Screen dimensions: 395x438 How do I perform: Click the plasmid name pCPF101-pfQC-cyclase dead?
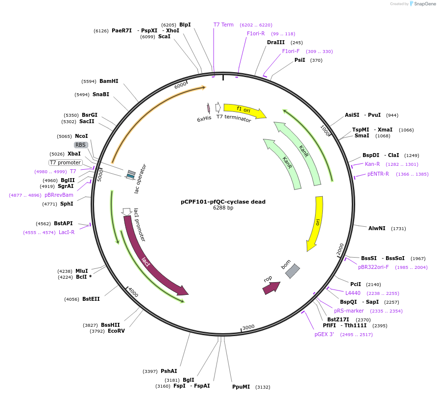coord(223,202)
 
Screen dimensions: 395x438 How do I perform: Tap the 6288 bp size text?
coord(223,208)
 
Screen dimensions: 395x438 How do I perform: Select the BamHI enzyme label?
coord(109,81)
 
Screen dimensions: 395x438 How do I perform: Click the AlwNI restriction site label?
coord(377,228)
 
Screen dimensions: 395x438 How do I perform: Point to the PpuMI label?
coord(241,387)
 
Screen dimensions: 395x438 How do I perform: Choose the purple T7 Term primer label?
coord(223,25)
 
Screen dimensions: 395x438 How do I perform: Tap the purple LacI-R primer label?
coord(67,232)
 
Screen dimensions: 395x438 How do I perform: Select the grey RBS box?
coord(81,145)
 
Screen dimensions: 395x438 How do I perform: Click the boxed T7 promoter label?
coord(65,162)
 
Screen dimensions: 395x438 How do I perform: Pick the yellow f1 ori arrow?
coord(244,110)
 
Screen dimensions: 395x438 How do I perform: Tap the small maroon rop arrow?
coord(271,288)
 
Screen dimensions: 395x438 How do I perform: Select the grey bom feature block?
coord(292,271)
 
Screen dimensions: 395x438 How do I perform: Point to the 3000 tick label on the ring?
coord(248,327)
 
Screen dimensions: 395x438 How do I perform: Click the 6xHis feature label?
coord(204,119)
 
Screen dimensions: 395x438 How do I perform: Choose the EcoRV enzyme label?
coord(116,331)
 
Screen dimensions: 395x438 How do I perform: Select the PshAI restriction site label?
coord(169,371)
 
